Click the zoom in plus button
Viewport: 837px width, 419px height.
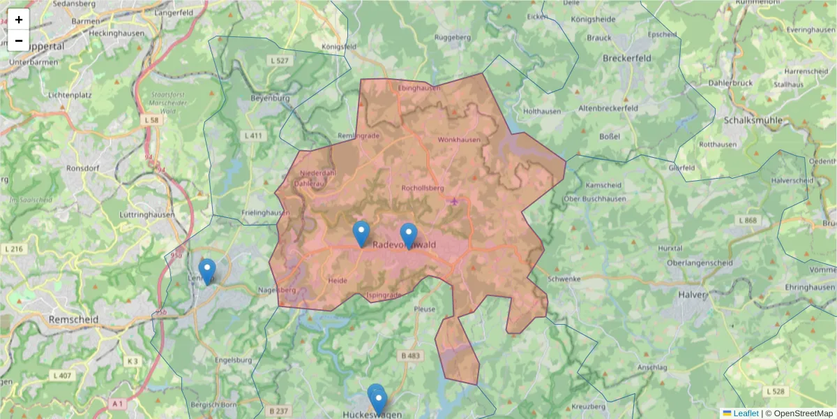coord(19,20)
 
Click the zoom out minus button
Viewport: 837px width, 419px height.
coord(19,41)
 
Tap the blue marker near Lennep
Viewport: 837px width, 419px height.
coord(206,270)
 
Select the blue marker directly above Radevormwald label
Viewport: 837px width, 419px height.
coord(409,235)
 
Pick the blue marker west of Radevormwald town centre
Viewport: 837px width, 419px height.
coord(361,233)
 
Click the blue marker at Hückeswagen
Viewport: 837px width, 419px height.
coord(377,399)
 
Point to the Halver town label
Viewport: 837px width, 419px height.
coord(691,295)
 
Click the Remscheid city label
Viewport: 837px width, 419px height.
coord(73,319)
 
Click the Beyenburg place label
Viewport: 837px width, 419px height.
coord(269,98)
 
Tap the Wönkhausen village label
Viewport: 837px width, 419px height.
coord(459,140)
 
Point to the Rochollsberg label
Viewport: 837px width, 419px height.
coord(423,188)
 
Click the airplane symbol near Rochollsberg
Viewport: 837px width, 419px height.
coord(455,201)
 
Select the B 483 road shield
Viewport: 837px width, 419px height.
coord(412,356)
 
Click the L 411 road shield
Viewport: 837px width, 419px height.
coord(253,135)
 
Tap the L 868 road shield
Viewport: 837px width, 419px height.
coord(746,221)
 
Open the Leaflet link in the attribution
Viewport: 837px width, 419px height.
coord(745,413)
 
